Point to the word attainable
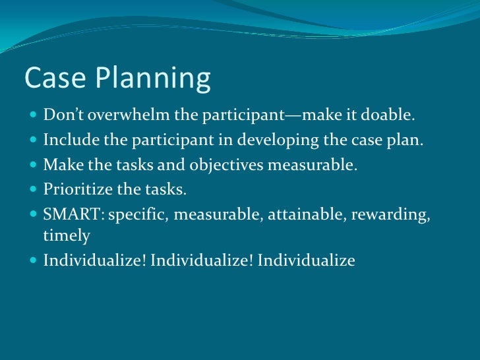[x=293, y=214]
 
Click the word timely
[x=66, y=235]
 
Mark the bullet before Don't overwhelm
[x=34, y=117]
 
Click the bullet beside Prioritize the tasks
[x=34, y=190]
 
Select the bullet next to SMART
[x=34, y=214]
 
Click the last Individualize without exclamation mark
[x=307, y=260]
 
